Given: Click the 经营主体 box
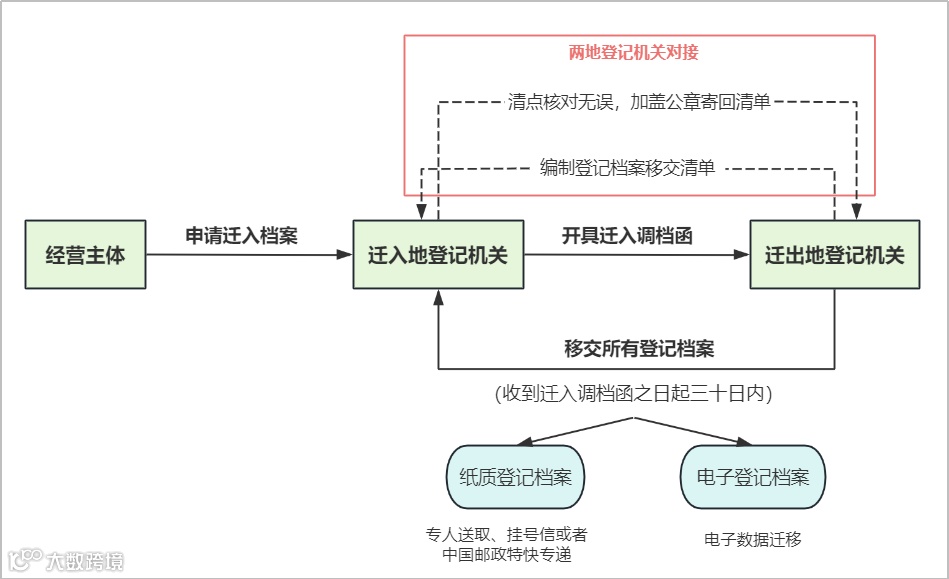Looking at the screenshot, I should pos(86,255).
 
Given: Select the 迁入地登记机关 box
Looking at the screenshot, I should pos(438,255).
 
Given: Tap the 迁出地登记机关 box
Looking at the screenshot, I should pos(834,255).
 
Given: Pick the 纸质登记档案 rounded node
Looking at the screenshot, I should pos(515,477).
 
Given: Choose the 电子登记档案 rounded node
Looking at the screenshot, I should pos(753,477).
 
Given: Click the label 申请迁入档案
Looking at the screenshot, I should pos(242,236).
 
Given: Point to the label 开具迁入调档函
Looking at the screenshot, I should pos(627,236).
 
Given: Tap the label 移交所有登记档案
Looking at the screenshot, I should pos(639,349).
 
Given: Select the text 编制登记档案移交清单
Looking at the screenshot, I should pos(627,168).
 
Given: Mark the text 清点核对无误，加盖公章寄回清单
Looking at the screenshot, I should pos(639,102).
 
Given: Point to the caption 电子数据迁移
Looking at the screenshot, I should pos(753,539).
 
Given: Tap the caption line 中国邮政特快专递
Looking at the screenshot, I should pos(514,555).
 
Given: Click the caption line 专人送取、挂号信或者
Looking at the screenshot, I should pos(514,535).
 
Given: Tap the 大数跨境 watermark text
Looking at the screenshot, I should pos(85,561).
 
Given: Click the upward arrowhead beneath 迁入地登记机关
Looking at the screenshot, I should pos(438,297).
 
